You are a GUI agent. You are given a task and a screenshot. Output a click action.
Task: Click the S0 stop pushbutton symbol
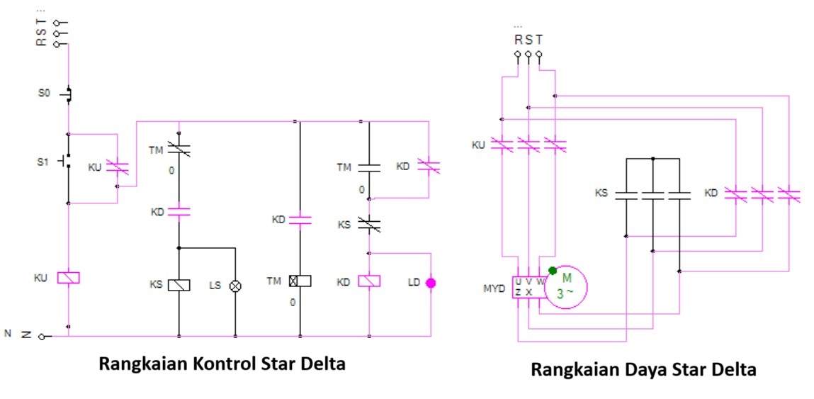(x=69, y=94)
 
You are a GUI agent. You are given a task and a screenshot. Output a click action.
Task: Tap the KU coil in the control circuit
(x=68, y=278)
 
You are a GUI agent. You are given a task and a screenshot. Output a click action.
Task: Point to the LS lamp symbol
(x=235, y=285)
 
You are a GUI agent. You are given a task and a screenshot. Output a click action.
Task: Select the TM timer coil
(x=300, y=281)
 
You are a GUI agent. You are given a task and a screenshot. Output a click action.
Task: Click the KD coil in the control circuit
(x=370, y=281)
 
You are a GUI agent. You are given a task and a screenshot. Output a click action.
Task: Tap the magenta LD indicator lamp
(x=430, y=283)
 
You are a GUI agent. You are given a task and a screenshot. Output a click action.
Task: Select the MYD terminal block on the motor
(x=525, y=286)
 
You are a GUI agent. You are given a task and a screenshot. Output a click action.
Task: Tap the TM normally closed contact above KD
(x=179, y=150)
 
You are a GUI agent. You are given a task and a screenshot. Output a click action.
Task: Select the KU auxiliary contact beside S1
(x=118, y=168)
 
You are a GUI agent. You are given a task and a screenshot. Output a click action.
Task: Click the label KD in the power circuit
(x=712, y=193)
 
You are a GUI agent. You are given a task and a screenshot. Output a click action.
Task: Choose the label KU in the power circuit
(x=479, y=145)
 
